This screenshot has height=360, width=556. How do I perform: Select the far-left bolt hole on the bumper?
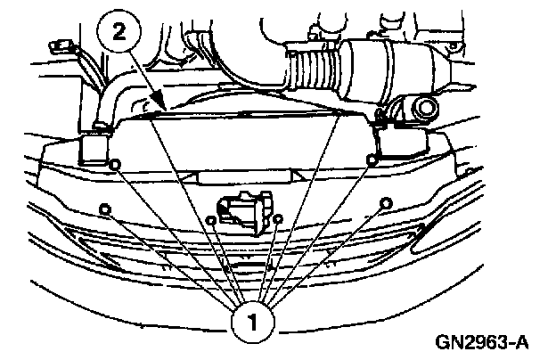[105, 209]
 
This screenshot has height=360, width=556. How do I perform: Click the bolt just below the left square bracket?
[113, 164]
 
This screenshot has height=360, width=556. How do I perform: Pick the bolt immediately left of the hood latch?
[211, 217]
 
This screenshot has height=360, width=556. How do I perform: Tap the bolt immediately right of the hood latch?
[278, 217]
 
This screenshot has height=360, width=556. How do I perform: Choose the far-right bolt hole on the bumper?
[385, 204]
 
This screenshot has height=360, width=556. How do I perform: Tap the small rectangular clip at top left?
[61, 46]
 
